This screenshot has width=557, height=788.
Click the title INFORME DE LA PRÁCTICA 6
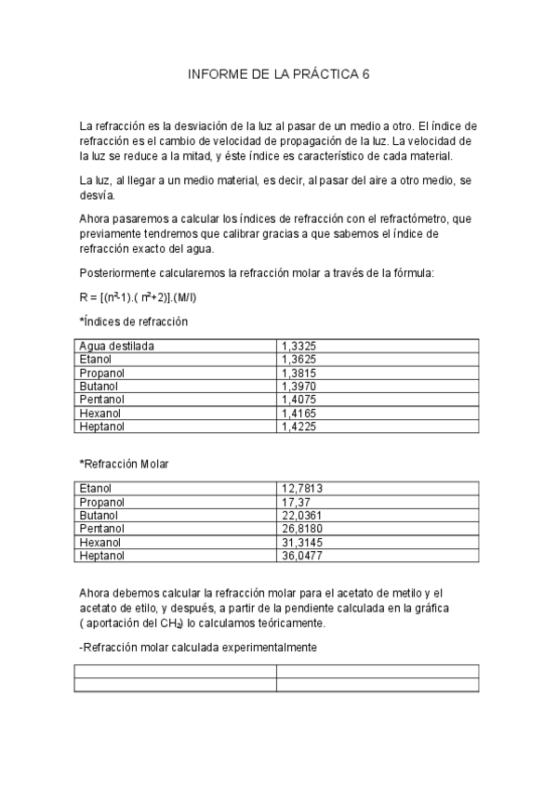pyautogui.click(x=278, y=75)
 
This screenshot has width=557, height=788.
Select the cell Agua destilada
pyautogui.click(x=116, y=346)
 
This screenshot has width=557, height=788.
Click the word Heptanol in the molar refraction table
pyautogui.click(x=102, y=556)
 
